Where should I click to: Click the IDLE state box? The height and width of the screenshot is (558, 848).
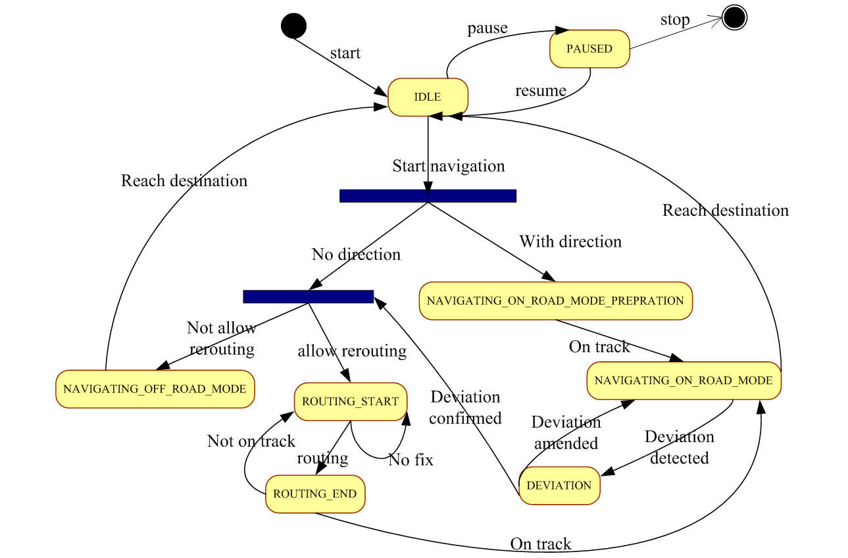(428, 97)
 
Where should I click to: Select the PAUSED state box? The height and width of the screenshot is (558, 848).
(589, 49)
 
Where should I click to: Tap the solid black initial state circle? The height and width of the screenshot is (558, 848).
(293, 26)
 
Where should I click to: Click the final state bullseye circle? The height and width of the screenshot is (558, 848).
(734, 18)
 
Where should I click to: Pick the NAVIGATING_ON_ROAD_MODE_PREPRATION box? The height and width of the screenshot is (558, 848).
(555, 301)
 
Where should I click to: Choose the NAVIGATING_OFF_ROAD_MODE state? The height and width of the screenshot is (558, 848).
(155, 389)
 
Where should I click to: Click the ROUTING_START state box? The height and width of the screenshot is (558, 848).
(350, 401)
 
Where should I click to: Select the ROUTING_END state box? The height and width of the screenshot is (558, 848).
(315, 494)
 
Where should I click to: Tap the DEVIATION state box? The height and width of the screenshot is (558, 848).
(559, 486)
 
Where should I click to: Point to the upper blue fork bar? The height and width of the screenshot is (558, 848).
(428, 195)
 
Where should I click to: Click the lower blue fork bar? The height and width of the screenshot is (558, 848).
(308, 296)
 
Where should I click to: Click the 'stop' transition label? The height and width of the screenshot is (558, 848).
(675, 20)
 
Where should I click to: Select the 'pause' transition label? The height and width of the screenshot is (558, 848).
(487, 28)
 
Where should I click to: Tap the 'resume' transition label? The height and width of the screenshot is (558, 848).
(540, 90)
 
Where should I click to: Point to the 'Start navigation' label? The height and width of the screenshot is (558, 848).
(449, 166)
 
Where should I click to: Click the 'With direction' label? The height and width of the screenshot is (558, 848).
(570, 241)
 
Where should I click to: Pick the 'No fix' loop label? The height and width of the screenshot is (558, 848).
(411, 460)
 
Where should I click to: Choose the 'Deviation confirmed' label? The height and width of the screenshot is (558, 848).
(465, 407)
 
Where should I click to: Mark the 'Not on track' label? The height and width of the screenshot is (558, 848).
(251, 441)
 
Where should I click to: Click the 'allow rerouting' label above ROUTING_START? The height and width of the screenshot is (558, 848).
(352, 351)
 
